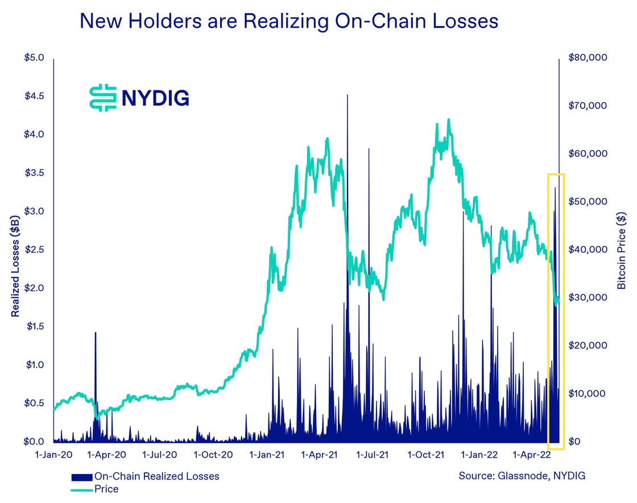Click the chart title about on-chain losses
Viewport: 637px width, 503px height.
point(289,22)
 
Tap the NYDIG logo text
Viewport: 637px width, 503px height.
point(155,98)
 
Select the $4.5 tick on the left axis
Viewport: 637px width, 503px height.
point(34,96)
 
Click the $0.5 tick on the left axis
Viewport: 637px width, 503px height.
point(34,403)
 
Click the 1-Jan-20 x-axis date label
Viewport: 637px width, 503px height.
point(54,455)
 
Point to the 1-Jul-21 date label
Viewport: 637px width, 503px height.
point(372,455)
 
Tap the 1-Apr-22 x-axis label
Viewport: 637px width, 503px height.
point(532,455)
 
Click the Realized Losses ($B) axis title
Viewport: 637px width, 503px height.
point(15,265)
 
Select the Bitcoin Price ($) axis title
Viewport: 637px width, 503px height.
point(622,250)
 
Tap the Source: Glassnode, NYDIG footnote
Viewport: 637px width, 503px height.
point(522,476)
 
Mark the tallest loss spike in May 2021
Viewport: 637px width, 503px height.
point(348,97)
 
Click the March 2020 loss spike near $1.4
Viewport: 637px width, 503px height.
point(96,334)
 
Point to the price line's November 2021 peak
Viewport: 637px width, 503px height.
point(449,120)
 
